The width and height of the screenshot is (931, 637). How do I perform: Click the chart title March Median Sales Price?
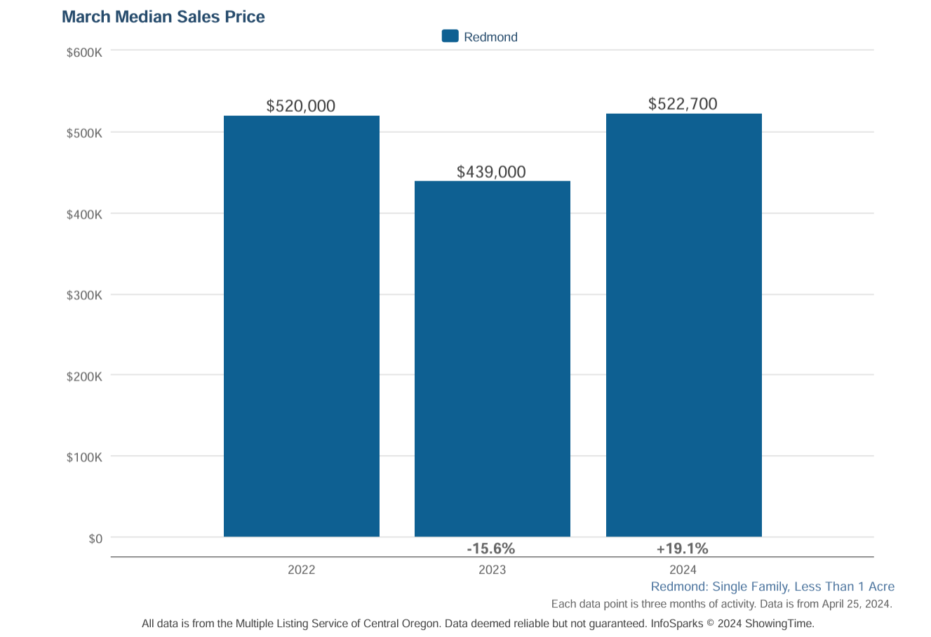pos(163,17)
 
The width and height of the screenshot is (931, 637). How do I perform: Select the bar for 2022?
pos(302,327)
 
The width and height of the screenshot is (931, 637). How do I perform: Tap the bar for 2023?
pos(493,359)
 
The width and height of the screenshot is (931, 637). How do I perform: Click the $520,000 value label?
pos(301,106)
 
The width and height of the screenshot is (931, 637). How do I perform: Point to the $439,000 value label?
pos(491,172)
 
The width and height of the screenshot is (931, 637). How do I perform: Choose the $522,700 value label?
pos(683,104)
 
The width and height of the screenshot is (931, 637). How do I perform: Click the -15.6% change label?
pos(491,549)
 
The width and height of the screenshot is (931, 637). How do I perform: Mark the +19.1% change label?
pos(682,549)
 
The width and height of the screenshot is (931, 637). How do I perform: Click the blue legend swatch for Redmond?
pos(450,37)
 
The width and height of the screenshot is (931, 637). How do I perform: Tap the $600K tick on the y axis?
pos(84,53)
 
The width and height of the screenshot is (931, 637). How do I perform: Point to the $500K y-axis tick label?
pos(84,133)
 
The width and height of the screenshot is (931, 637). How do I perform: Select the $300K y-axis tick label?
pos(84,296)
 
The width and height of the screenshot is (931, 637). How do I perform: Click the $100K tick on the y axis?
pos(84,457)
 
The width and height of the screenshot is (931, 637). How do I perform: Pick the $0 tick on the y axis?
pos(95,539)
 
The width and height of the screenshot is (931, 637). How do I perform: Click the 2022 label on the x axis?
pos(302,570)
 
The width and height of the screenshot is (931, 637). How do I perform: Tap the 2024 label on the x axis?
pos(683,570)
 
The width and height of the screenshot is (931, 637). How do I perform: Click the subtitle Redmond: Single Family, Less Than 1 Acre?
pos(772,586)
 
